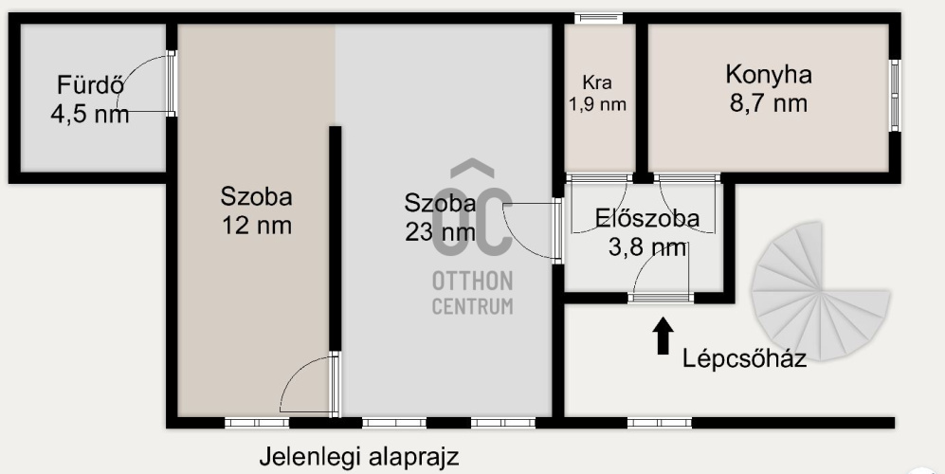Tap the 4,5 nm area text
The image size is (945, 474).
pyautogui.click(x=89, y=115)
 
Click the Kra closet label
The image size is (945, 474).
pyautogui.click(x=597, y=82)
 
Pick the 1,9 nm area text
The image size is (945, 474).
pyautogui.click(x=597, y=104)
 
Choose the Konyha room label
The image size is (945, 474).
pyautogui.click(x=768, y=74)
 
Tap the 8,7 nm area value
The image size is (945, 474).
pyautogui.click(x=768, y=102)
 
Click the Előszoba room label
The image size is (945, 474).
pyautogui.click(x=647, y=219)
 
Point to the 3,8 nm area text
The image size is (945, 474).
pyautogui.click(x=647, y=248)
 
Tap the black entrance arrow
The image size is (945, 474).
pyautogui.click(x=663, y=335)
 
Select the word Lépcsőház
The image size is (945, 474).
pyautogui.click(x=744, y=359)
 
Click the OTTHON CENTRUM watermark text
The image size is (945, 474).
pyautogui.click(x=473, y=293)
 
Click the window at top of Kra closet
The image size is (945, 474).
pyautogui.click(x=600, y=17)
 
